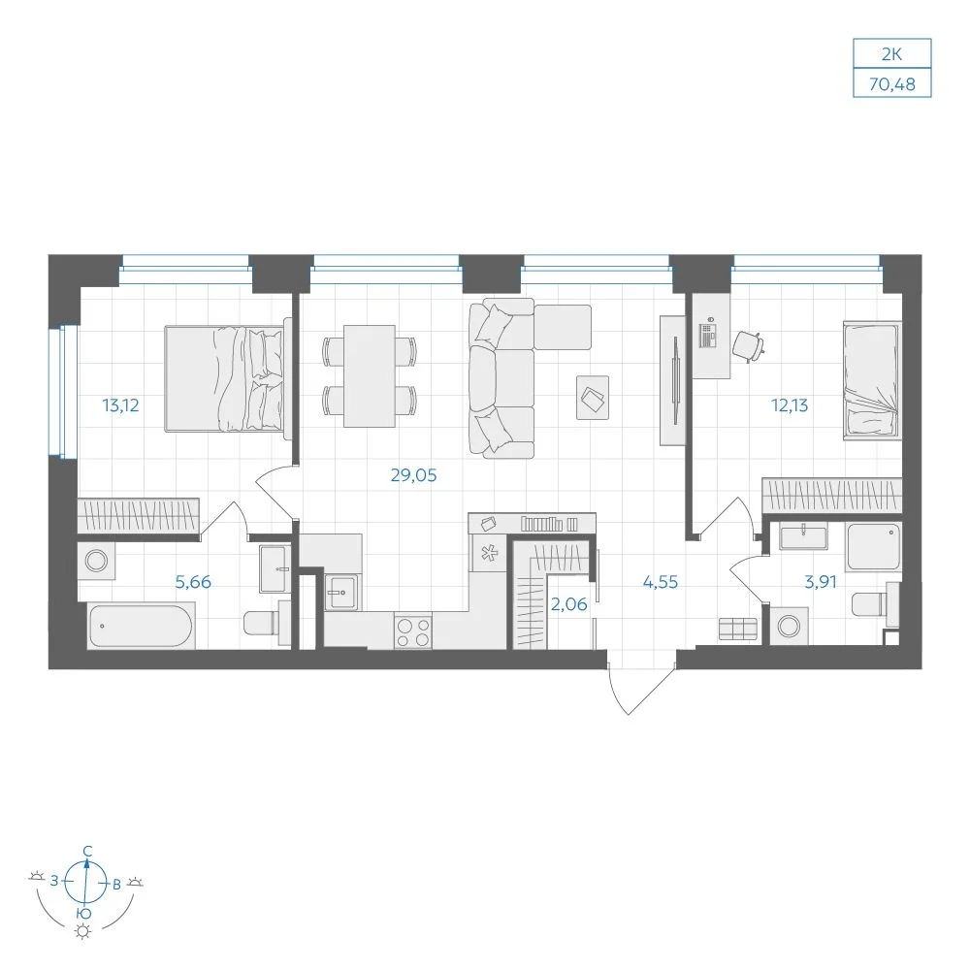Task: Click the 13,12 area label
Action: [x=120, y=405]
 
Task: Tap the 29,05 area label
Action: [x=413, y=475]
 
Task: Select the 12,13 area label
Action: [x=790, y=405]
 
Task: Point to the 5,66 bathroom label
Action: [x=193, y=582]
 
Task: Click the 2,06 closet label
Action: [x=568, y=604]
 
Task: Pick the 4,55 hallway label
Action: [x=660, y=582]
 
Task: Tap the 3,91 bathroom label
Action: [x=821, y=582]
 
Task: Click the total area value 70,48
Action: [x=892, y=84]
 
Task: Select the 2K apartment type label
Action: [x=892, y=54]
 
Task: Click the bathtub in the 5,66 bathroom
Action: [x=141, y=626]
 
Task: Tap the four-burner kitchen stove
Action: [x=412, y=632]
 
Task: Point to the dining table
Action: [x=370, y=376]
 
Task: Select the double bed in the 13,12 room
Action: [x=226, y=378]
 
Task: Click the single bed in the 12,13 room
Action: [x=872, y=380]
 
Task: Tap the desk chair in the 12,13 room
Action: [x=749, y=346]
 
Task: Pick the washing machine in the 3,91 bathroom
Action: [x=789, y=626]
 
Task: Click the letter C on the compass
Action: [x=88, y=852]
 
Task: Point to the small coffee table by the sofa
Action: [x=593, y=398]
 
